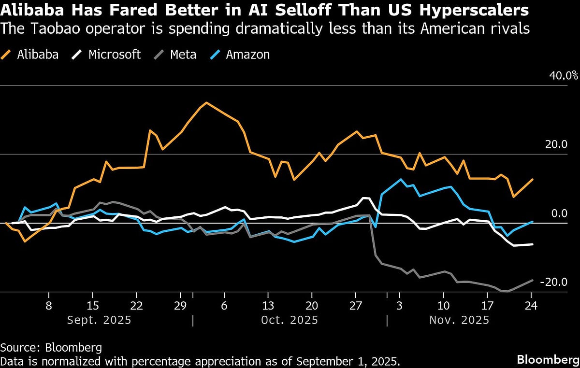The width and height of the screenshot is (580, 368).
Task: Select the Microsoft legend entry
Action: tap(106, 54)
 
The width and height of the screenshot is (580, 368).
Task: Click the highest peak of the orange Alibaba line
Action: tap(206, 102)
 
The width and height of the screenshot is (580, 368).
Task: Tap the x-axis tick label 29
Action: tap(180, 306)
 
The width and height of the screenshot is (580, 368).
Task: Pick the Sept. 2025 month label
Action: tap(99, 320)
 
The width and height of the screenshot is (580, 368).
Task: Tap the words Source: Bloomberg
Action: tap(51, 348)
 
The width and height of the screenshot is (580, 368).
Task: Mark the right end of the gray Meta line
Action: tap(533, 281)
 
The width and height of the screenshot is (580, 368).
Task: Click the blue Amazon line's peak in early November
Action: tap(401, 179)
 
